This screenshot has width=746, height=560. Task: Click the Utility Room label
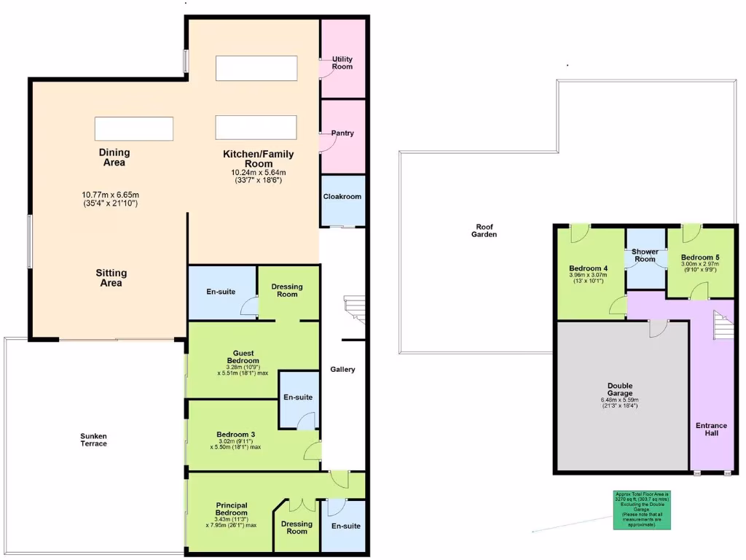342,63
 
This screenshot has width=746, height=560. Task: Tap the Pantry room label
342,133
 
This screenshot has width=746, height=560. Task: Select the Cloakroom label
342,196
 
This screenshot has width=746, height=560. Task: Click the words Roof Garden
485,231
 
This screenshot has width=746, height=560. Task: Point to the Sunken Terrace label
93,440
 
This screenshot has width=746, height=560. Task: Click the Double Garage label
620,390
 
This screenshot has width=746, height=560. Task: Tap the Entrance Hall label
711,429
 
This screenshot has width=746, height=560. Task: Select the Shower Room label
645,256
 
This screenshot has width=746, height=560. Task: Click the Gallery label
342,370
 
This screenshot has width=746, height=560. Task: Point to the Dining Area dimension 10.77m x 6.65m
111,195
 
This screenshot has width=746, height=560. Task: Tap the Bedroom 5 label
700,257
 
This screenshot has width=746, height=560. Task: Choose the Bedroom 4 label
589,268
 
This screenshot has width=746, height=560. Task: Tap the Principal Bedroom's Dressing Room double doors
297,505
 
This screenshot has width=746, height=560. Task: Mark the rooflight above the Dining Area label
134,128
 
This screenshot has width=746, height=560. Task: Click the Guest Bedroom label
243,357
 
